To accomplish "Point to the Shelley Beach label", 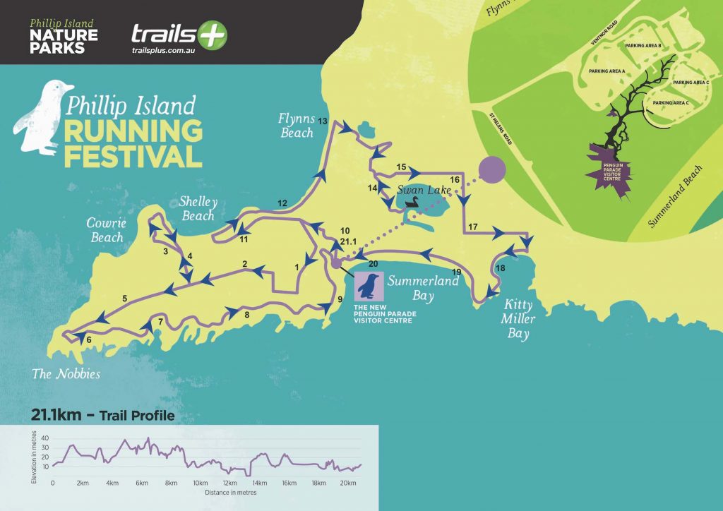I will coord(198,208).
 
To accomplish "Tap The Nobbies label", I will coord(66,374).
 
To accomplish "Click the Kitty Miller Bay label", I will coord(519,320).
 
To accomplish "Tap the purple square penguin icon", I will coord(368,287).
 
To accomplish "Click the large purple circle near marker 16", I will coord(492,171).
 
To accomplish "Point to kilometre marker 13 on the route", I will coord(323,121).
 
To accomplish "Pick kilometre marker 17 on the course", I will coord(472,227).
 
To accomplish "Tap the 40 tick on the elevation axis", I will coord(45,438).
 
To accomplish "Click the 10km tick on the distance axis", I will coord(201,483).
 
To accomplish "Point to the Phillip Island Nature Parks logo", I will coord(64,36).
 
